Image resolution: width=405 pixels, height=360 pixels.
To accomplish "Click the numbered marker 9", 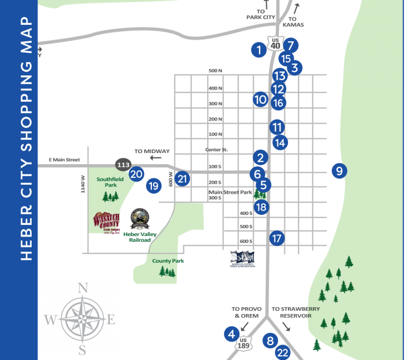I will pyautogui.click(x=339, y=170).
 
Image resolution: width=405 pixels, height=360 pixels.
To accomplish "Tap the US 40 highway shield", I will pyautogui.click(x=275, y=43).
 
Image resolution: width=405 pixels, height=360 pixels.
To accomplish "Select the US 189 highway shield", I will pyautogui.click(x=243, y=344).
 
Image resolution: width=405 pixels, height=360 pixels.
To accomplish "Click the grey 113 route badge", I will pyautogui.click(x=123, y=165).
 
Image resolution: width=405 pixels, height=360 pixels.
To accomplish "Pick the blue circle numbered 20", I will pyautogui.click(x=137, y=174).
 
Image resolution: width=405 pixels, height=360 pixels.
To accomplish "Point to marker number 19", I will pyautogui.click(x=153, y=185).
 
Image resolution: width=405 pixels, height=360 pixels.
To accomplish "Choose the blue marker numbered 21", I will pyautogui.click(x=182, y=178).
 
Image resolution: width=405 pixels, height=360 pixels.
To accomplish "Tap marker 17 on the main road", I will pyautogui.click(x=277, y=238).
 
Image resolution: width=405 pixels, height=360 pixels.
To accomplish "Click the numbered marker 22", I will pyautogui.click(x=283, y=353).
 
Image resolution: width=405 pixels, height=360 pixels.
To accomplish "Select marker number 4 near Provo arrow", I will pyautogui.click(x=231, y=334).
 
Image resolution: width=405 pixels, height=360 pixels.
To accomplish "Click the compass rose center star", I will pyautogui.click(x=81, y=319).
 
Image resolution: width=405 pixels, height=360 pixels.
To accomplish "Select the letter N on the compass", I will pyautogui.click(x=82, y=288).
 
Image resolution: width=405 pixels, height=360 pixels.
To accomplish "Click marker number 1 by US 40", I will pyautogui.click(x=258, y=50).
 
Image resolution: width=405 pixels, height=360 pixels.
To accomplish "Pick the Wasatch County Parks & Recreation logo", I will pyautogui.click(x=243, y=259).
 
